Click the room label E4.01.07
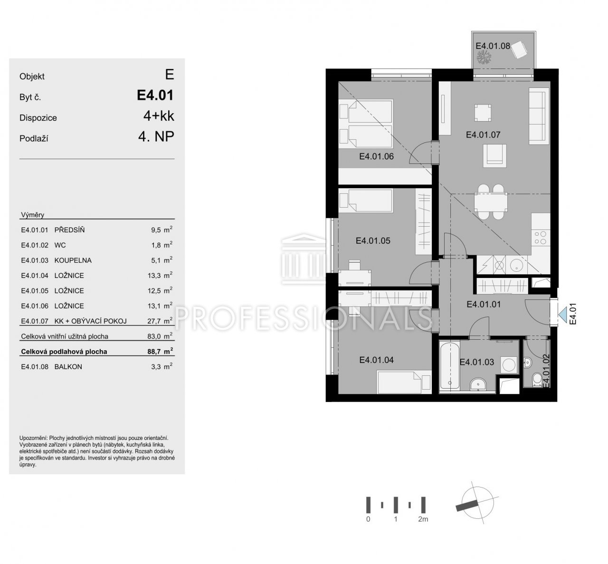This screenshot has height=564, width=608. pos(483,135)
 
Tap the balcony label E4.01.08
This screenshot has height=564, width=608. pos(493,46)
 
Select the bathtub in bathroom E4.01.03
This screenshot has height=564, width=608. pos(449,366)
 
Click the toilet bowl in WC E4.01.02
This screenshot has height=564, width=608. pos(537,379)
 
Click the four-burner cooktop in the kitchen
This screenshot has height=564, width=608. pos(541,238)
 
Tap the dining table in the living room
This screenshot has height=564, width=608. pos(491,202)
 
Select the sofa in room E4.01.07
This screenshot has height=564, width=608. pos(539,116)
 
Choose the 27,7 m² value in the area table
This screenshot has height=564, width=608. pos(160,321)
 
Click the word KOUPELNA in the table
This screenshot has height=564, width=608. pos(73,260)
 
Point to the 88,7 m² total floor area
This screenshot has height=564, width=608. pos(160,351)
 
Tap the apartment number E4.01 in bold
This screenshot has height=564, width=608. pos(155,96)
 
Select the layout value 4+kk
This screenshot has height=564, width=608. pos(159,116)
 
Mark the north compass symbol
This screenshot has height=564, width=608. pos(477,506)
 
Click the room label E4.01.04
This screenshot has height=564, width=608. pos(376,360)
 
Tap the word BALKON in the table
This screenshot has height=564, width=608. pos(68,367)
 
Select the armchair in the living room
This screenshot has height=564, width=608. pos(494,156)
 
